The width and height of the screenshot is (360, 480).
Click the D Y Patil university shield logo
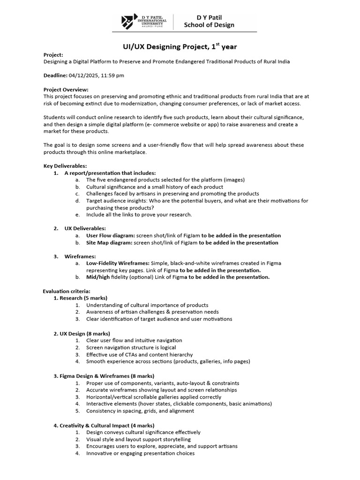pos(127,22)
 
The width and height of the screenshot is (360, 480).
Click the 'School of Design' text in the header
pos(210,25)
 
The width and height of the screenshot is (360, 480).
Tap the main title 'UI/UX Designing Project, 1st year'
pos(180,46)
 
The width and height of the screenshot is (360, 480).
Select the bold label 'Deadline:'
pos(55,75)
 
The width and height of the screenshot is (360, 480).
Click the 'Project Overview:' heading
pos(66,89)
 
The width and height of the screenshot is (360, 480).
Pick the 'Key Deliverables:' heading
pos(65,165)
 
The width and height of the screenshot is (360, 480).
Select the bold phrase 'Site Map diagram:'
pos(109,243)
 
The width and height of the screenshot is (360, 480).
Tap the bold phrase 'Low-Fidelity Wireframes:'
pos(118,263)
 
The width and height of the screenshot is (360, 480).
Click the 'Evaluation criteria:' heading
pos(67,291)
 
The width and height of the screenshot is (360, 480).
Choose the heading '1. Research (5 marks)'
pos(80,298)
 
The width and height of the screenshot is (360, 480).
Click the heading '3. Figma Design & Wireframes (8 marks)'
pos(104,376)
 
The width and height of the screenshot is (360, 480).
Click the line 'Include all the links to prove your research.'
pos(139,215)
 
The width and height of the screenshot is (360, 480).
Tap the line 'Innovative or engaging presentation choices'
pos(140,453)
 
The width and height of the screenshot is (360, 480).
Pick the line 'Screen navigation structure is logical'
pos(131,347)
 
